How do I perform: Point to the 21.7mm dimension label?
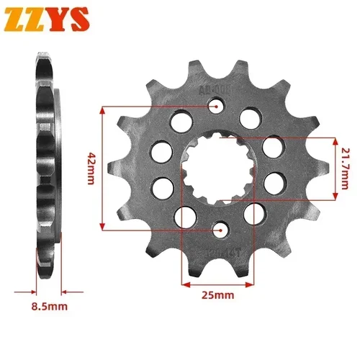(x=348, y=167)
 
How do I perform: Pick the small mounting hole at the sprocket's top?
(x=216, y=107)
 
